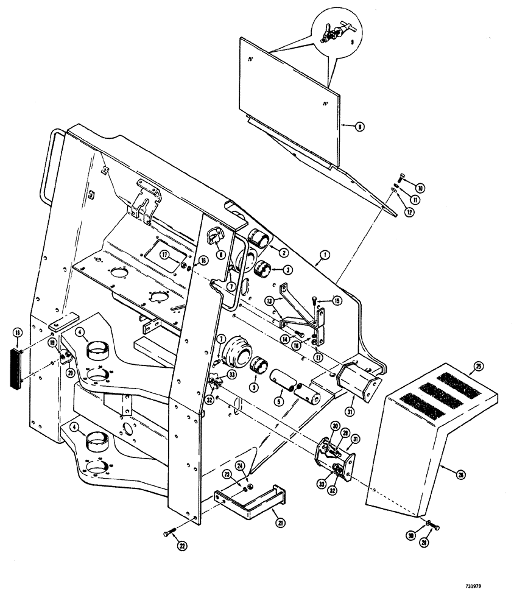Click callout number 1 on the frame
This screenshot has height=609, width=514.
coord(325,257)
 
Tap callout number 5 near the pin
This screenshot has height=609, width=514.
coord(279,401)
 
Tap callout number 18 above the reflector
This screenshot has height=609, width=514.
coord(16,333)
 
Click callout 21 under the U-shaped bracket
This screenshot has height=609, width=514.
coord(280,521)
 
